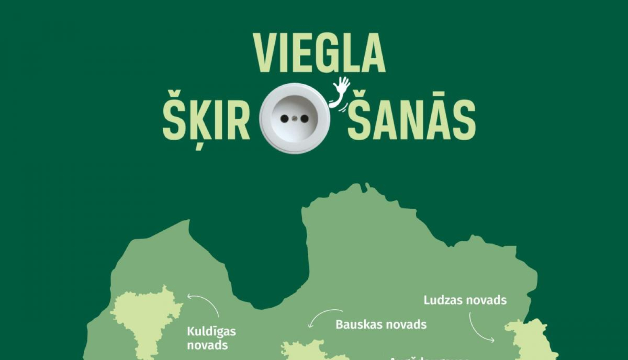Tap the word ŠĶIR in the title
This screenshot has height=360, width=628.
coord(206,119)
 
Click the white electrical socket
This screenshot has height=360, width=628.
coord(295,118)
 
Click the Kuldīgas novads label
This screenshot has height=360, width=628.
coord(211,338)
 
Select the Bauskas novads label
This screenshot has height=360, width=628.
coord(381,324)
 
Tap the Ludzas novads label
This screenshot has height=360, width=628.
coord(465,300)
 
